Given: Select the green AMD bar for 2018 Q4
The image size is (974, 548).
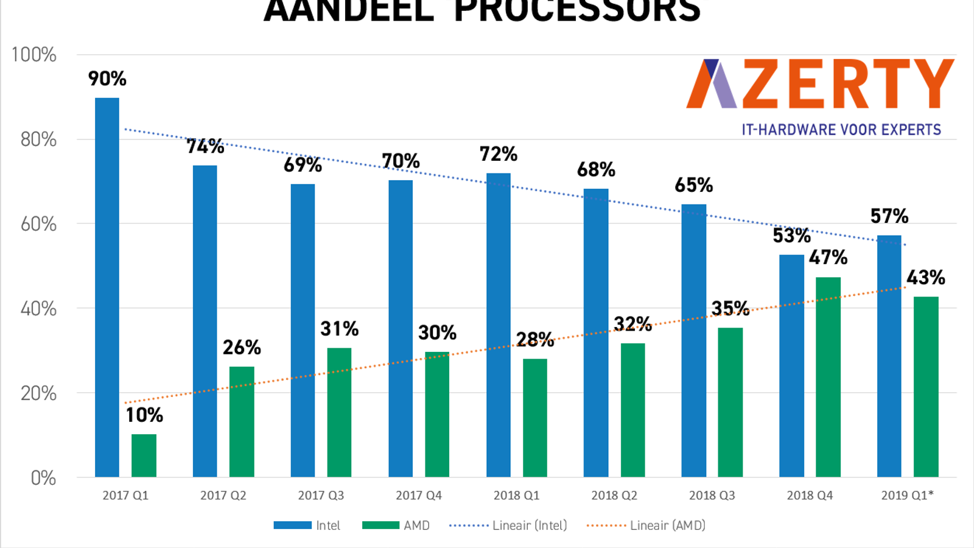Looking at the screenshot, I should click(x=828, y=377).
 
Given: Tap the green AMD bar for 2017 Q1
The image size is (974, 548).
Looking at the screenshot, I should click(x=144, y=455).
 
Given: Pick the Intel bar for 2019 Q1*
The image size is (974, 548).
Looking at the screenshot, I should click(x=889, y=356).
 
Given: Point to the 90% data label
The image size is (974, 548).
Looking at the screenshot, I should click(x=107, y=79).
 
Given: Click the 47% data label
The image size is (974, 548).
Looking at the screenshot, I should click(x=828, y=258).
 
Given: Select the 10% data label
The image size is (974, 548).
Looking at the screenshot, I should click(x=144, y=415).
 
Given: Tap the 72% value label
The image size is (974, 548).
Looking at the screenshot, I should click(x=498, y=154).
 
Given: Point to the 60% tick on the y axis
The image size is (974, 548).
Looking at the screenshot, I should click(x=38, y=224).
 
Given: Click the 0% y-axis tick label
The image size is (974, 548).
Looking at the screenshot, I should click(x=43, y=478).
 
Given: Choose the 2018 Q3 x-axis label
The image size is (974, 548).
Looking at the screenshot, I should click(x=712, y=496).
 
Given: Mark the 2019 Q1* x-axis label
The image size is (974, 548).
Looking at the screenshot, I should click(x=907, y=496).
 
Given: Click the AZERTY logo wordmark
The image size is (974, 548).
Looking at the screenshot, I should click(x=819, y=84).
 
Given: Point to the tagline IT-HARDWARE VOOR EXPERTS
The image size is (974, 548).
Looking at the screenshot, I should click(x=841, y=130).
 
